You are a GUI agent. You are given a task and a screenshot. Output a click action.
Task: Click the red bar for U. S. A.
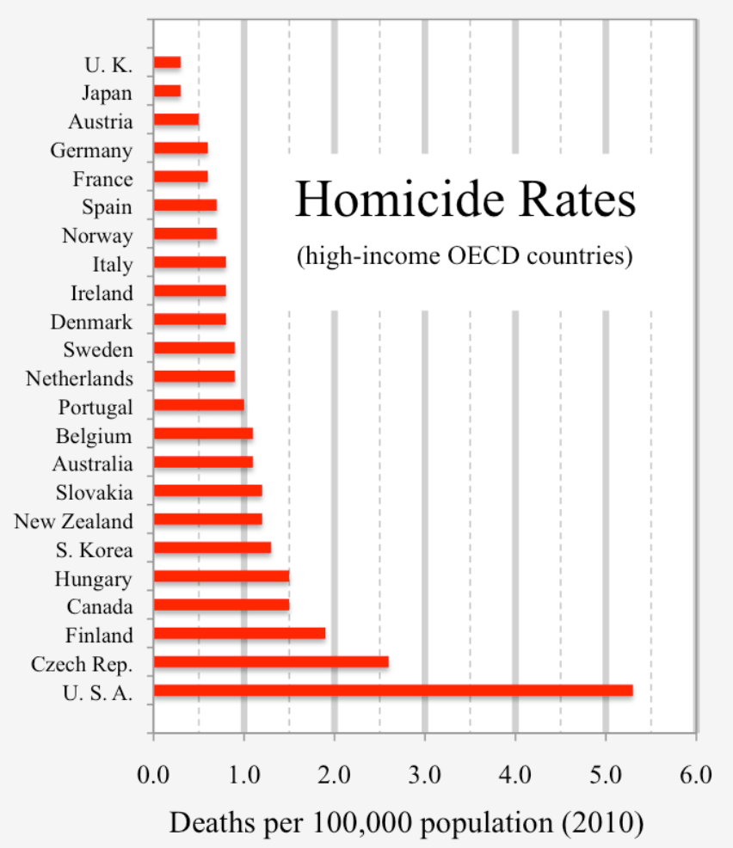(x=393, y=690)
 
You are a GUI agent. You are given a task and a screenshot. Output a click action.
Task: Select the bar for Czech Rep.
(x=271, y=661)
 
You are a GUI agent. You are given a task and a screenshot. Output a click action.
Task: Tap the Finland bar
(x=239, y=633)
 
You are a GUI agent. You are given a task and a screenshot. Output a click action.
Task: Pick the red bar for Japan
(x=167, y=90)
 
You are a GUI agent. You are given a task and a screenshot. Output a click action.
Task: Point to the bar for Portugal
(x=199, y=405)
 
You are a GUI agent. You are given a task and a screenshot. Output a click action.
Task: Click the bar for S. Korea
(x=213, y=547)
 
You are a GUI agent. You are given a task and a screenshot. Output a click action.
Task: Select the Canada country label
(x=100, y=607)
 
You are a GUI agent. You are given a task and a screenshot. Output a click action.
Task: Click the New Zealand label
(x=74, y=521)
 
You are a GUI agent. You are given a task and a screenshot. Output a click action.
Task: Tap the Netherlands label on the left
(x=79, y=378)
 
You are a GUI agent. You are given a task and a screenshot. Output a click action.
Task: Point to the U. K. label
(x=108, y=65)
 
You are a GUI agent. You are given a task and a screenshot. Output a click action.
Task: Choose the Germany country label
(x=91, y=151)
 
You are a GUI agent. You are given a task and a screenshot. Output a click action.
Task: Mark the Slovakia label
(x=94, y=493)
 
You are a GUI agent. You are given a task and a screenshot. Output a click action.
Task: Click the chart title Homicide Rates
(x=465, y=201)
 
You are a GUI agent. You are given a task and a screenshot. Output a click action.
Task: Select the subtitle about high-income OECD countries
(x=465, y=256)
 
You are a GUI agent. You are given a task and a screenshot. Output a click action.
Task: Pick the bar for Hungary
(x=221, y=575)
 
